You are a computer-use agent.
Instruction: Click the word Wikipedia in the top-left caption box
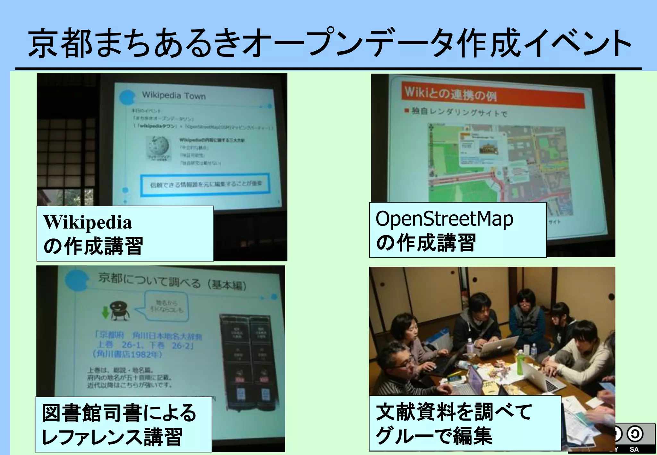click(x=88, y=222)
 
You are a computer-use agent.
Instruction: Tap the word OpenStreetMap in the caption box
click(x=444, y=219)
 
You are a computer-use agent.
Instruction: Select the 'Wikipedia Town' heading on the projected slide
click(x=174, y=95)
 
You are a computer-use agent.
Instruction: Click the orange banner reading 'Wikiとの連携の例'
click(x=492, y=95)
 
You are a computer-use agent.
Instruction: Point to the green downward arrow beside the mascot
click(x=105, y=312)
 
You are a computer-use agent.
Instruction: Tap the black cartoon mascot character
click(x=120, y=310)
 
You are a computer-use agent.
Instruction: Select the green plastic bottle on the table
click(x=520, y=363)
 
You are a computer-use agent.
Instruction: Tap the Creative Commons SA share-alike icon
click(x=635, y=434)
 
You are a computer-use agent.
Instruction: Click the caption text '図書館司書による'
click(x=119, y=413)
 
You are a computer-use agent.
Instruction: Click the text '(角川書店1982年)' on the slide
click(x=127, y=354)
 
